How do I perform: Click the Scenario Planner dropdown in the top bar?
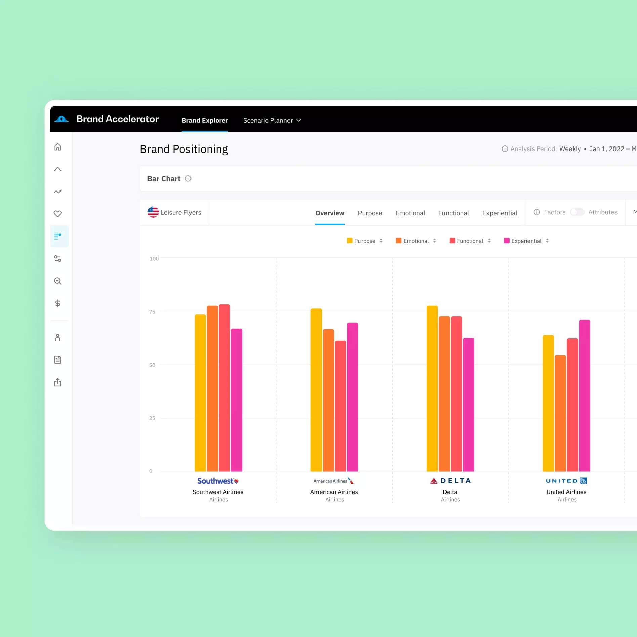click(272, 120)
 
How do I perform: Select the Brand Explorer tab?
click(205, 120)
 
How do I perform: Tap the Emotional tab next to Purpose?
click(410, 213)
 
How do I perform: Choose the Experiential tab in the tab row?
click(500, 213)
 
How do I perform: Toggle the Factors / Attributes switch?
click(577, 212)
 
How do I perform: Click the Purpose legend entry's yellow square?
click(350, 241)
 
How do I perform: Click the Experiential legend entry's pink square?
click(507, 241)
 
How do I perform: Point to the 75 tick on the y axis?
click(152, 312)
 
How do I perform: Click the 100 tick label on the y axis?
click(154, 259)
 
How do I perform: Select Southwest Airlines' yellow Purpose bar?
click(200, 393)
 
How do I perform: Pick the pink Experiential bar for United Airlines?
click(585, 395)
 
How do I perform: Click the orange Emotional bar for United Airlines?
click(560, 413)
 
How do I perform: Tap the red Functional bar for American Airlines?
click(340, 406)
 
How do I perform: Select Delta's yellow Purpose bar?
click(432, 388)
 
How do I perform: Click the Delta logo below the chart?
click(451, 481)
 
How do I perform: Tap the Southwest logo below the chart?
click(218, 481)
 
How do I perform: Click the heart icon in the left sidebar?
click(58, 214)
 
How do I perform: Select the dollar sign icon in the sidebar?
click(58, 303)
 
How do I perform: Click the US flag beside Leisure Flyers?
click(153, 212)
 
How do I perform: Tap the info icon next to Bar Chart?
click(188, 179)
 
